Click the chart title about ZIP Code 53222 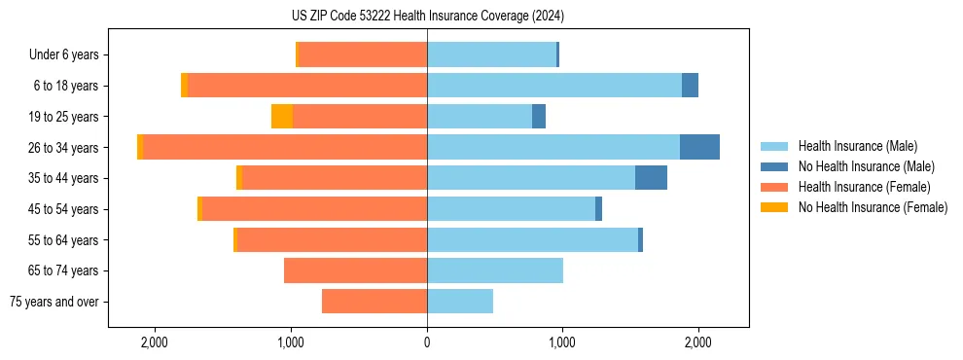[428, 17]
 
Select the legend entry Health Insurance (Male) [857, 146]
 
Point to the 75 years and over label [54, 302]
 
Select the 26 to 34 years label [65, 148]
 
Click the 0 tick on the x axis [427, 342]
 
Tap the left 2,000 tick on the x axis [155, 342]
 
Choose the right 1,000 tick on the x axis [562, 342]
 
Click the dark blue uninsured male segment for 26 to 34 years [699, 147]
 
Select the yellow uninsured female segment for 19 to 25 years [282, 117]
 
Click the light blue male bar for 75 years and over [460, 302]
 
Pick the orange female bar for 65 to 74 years [355, 270]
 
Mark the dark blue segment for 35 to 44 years [651, 178]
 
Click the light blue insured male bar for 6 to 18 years [554, 86]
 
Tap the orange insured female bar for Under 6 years [363, 55]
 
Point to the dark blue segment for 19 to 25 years [539, 117]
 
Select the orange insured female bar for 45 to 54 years [314, 209]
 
